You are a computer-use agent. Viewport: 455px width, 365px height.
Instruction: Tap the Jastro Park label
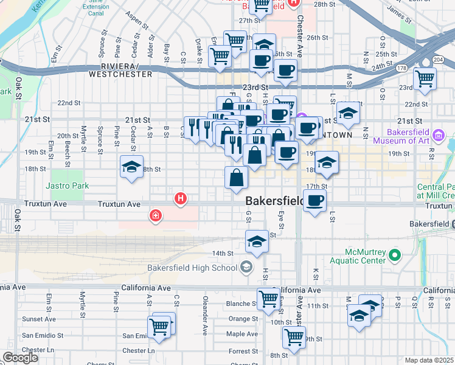click(67, 186)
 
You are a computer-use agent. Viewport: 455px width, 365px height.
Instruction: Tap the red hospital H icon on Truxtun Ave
click(180, 198)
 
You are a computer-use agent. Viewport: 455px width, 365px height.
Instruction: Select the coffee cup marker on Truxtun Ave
click(314, 200)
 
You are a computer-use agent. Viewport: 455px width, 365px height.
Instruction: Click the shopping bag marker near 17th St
click(236, 178)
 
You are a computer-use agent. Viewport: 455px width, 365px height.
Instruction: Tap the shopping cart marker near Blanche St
click(268, 299)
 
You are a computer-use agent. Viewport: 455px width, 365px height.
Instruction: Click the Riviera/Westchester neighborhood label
click(120, 70)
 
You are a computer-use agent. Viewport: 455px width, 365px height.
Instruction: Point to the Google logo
click(20, 358)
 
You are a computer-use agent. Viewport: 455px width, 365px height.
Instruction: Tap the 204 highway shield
click(439, 59)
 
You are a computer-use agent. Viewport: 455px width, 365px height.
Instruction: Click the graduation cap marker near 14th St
click(257, 241)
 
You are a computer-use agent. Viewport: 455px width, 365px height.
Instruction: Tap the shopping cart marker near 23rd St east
click(425, 77)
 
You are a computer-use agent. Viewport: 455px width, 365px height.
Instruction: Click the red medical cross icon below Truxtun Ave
click(156, 215)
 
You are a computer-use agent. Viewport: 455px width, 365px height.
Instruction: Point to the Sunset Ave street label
click(39, 319)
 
